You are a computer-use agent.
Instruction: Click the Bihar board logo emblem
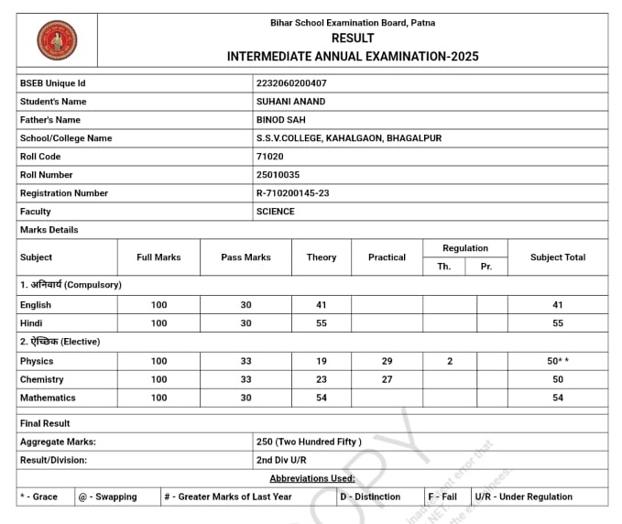57,40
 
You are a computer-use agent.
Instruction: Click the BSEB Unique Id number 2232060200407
291,83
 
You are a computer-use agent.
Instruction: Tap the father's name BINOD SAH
281,120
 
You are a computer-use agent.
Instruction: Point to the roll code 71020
270,157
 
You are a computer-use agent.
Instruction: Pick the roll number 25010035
278,175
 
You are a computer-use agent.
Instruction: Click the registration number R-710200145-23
293,193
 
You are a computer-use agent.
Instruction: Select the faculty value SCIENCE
276,212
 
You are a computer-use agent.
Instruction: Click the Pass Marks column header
246,257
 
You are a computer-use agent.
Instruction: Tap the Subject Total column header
558,257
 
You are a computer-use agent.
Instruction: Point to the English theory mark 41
321,305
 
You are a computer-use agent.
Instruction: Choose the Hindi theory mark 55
321,323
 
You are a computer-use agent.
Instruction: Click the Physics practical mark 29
387,362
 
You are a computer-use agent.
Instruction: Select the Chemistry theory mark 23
321,379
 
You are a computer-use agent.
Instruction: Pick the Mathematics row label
48,398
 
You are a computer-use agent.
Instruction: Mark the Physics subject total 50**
558,362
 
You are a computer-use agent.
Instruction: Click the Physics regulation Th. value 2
450,362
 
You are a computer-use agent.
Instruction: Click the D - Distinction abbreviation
370,497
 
